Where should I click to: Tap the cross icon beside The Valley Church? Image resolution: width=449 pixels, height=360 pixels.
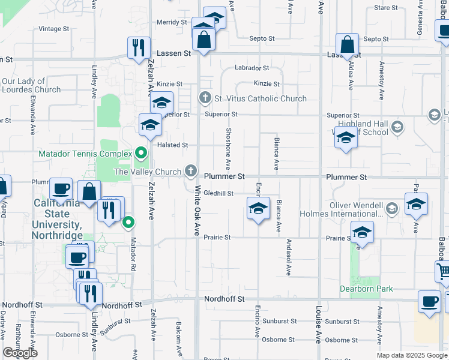coord(191,172)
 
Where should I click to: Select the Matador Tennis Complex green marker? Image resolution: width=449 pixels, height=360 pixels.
coord(141,154)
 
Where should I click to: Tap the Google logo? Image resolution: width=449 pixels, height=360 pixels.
coord(20,353)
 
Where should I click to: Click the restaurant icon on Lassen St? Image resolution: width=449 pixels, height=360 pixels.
coord(138,47)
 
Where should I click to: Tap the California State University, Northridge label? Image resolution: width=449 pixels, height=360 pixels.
coord(57,219)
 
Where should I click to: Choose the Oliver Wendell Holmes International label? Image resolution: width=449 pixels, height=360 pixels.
coord(357,209)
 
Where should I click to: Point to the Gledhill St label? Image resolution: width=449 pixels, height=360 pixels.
coord(218,193)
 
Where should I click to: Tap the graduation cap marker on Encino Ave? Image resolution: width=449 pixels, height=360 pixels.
coord(258,209)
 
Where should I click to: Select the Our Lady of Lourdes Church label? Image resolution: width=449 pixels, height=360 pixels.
coord(31,85)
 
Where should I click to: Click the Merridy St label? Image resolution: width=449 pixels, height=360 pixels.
coord(172,22)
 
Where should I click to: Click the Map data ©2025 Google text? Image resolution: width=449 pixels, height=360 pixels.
coord(412,355)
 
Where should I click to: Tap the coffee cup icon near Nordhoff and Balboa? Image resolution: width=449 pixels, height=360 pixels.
coord(429,301)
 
